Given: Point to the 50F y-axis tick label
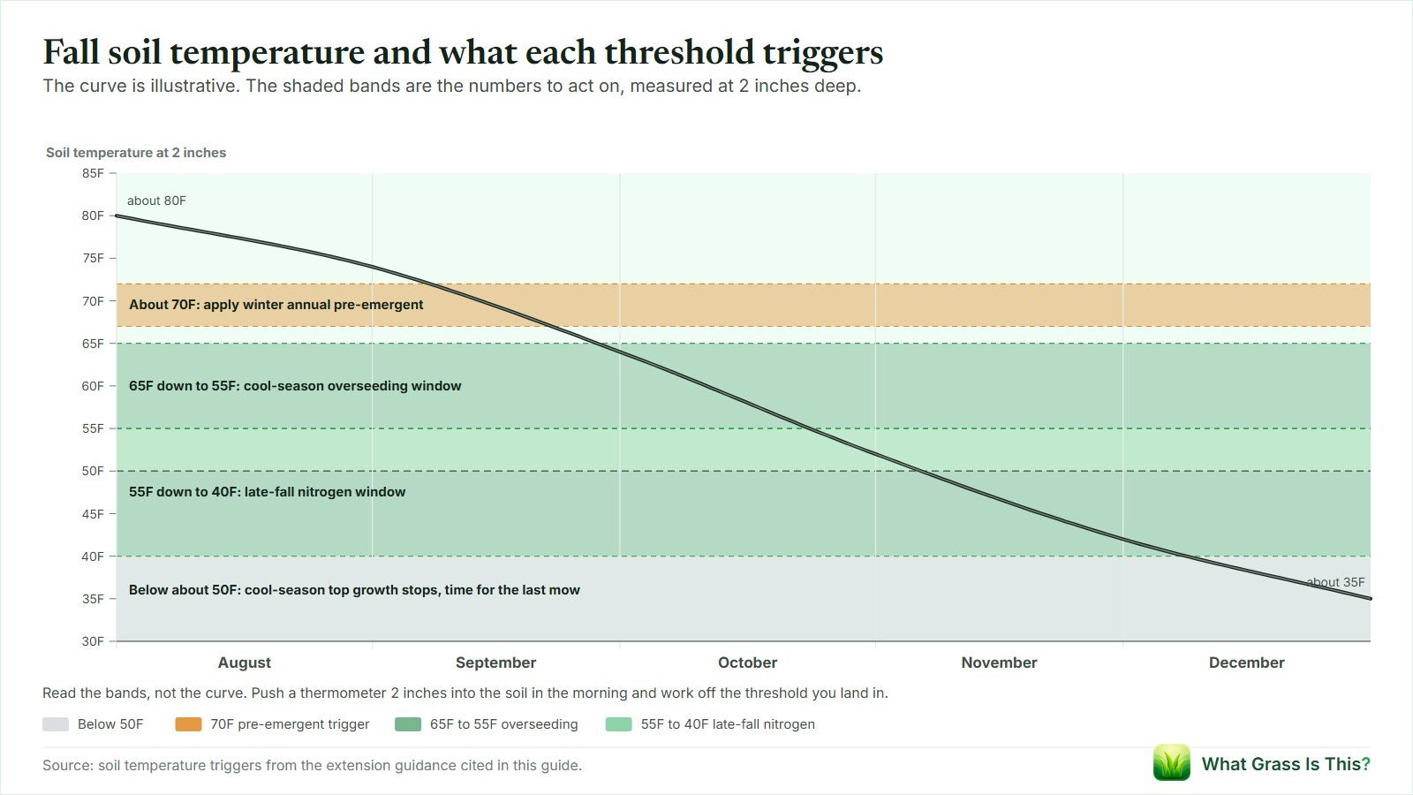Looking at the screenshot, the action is (93, 472).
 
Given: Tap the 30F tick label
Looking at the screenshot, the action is (93, 641).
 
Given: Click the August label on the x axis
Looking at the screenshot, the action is (244, 662).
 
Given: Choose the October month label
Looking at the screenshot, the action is (747, 662).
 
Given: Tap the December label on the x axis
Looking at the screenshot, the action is (1246, 662).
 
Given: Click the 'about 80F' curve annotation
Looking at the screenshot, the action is (156, 201).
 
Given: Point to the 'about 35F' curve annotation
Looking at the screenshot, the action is (1335, 582).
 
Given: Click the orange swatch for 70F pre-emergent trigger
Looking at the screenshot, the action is (189, 724).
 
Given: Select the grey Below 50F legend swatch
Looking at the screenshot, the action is (56, 724).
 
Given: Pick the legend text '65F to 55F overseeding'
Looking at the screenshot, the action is (504, 724).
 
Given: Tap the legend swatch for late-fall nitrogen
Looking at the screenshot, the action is (619, 724).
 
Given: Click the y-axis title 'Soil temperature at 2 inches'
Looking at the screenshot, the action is (136, 153).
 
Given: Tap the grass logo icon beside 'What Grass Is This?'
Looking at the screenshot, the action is (1171, 763).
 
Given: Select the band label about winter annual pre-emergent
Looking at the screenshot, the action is (276, 305).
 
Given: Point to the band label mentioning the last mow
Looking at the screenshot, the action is (354, 590).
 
